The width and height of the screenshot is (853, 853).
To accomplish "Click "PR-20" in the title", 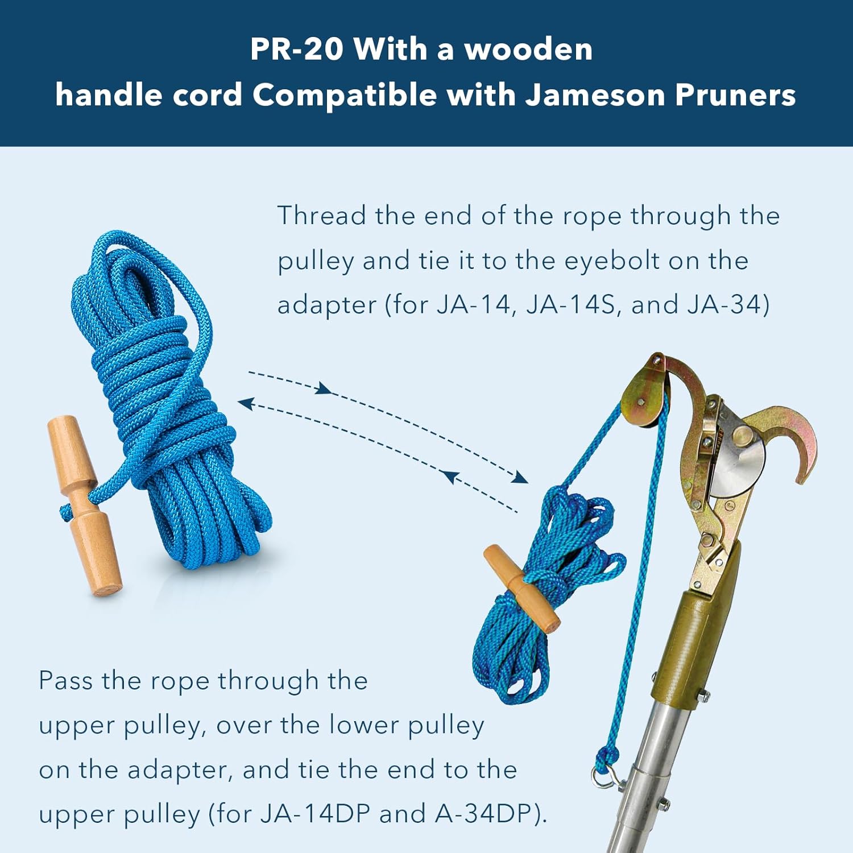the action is [297, 49].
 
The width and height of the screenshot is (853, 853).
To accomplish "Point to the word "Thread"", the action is [322, 216].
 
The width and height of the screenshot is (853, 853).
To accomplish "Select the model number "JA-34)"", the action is [728, 305].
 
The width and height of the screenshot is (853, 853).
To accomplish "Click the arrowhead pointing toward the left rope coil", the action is [246, 403].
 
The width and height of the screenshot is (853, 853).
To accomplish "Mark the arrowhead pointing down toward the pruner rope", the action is [519, 478].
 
